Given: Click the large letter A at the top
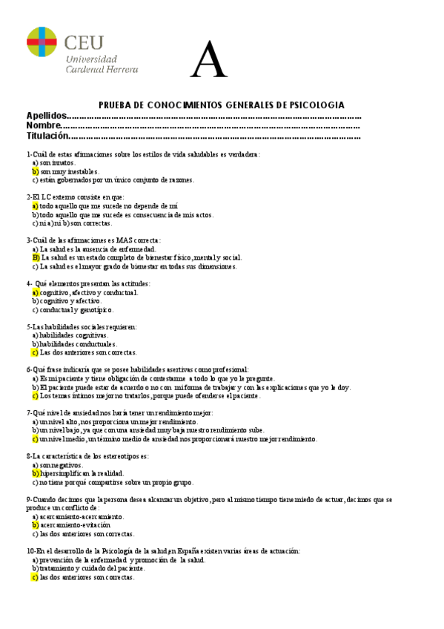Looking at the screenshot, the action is (x=208, y=59).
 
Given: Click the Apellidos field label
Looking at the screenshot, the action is (x=46, y=116).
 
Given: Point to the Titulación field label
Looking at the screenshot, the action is (x=47, y=136).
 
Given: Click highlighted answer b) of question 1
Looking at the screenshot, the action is (x=35, y=171).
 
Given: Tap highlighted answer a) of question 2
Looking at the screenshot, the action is (x=35, y=205).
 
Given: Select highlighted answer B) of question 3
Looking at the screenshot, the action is (x=36, y=257).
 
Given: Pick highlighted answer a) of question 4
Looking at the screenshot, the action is (x=35, y=292).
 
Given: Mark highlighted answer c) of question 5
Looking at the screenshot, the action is (x=35, y=352).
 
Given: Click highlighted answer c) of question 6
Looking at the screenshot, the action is (x=35, y=395).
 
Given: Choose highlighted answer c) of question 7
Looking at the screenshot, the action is (x=35, y=438).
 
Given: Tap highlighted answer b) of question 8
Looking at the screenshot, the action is (x=35, y=473).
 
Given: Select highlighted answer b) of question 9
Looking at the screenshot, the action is (x=35, y=524).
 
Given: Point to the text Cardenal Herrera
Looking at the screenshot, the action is (x=102, y=69).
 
